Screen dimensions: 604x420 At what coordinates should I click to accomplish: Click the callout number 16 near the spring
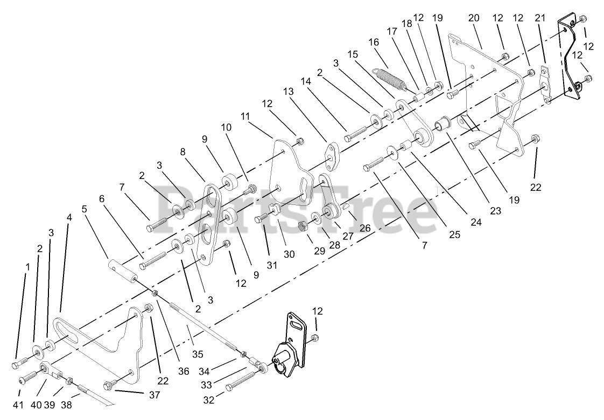(x=374, y=43)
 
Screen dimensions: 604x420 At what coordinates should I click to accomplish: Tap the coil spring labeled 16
(x=397, y=78)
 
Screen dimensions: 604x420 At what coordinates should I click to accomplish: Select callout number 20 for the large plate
(x=474, y=18)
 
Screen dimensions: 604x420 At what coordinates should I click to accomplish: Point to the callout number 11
(x=247, y=116)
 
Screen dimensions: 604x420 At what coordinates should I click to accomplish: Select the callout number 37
(x=154, y=395)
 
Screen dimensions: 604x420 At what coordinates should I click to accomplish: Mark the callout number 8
(x=183, y=153)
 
